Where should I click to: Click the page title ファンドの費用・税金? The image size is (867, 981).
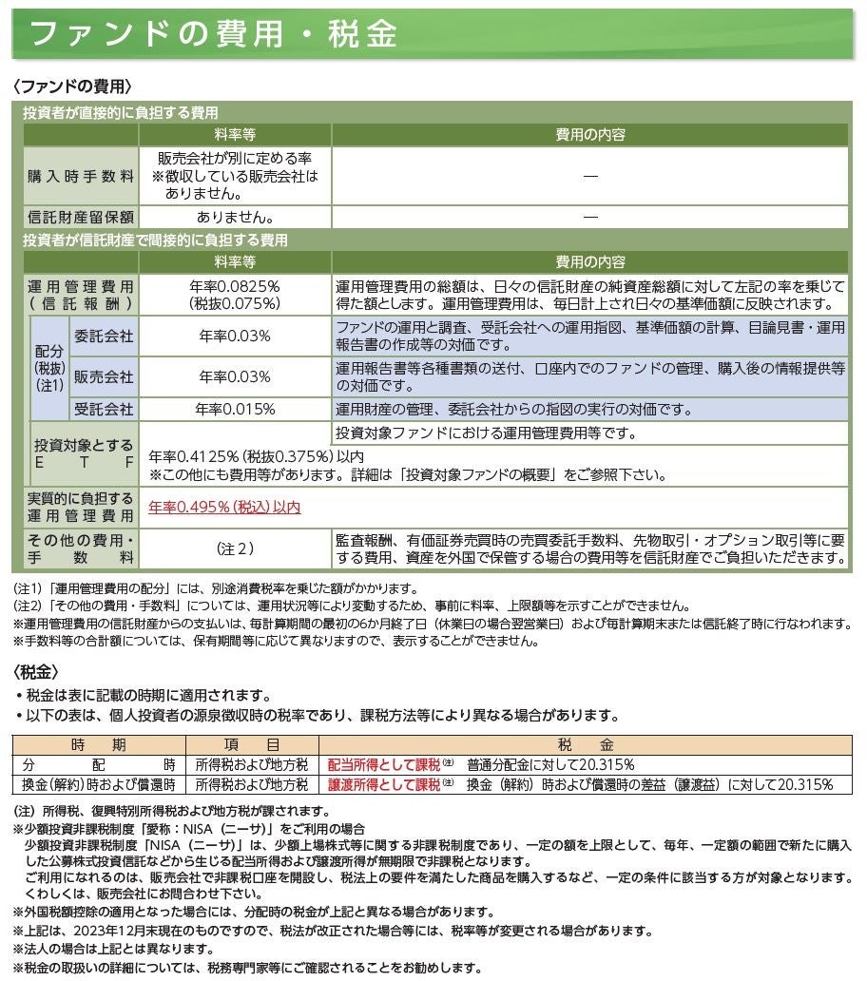[x=213, y=35]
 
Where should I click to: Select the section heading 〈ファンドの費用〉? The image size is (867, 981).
[x=72, y=87]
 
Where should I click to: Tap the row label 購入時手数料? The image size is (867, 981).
[x=81, y=176]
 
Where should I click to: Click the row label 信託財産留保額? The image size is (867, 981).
[x=81, y=217]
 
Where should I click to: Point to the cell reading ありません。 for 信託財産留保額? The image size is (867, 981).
[x=235, y=217]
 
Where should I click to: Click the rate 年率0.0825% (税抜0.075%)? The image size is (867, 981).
[x=235, y=295]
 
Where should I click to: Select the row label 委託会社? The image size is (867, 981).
[x=104, y=336]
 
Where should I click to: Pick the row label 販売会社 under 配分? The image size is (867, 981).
[x=104, y=376]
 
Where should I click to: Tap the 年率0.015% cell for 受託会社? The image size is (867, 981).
[x=235, y=409]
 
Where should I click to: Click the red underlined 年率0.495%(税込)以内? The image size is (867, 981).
[x=224, y=508]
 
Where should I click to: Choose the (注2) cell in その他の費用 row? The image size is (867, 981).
[x=235, y=548]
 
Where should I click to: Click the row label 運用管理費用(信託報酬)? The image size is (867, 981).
[x=81, y=295]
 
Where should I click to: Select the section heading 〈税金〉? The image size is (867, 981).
[x=39, y=671]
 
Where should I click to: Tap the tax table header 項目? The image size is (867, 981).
[x=252, y=744]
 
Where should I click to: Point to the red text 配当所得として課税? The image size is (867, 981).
[x=383, y=764]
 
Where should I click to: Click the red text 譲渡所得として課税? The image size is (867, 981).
[x=383, y=785]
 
